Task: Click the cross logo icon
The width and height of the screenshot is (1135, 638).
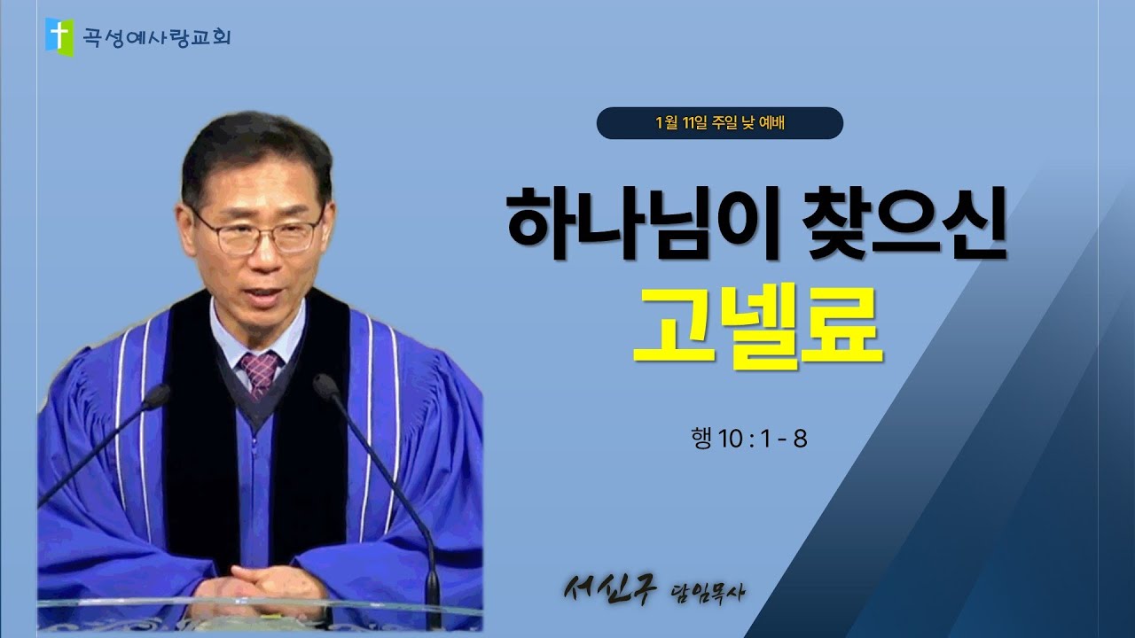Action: pyautogui.click(x=59, y=35)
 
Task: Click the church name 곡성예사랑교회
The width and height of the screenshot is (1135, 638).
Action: pyautogui.click(x=153, y=37)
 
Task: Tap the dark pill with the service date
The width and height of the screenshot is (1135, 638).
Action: pyautogui.click(x=719, y=123)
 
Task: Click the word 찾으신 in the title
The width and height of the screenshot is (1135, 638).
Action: pyautogui.click(x=896, y=225)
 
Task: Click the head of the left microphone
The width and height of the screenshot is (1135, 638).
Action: pyautogui.click(x=156, y=396)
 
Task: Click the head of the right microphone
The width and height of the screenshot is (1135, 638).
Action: pyautogui.click(x=325, y=385)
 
